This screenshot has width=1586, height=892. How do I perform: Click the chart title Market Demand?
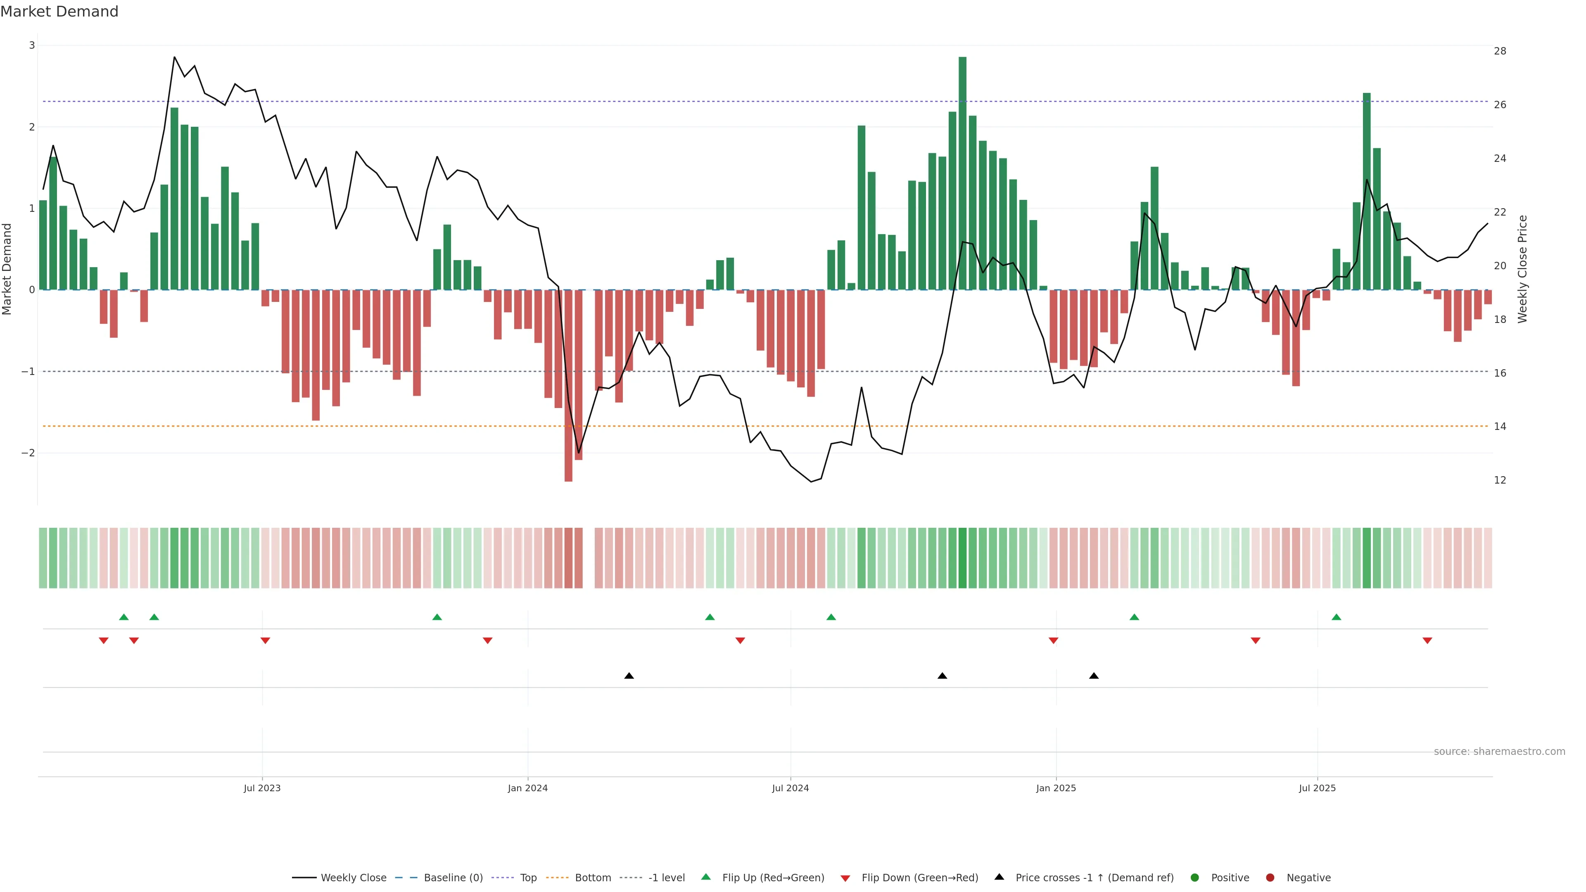(59, 12)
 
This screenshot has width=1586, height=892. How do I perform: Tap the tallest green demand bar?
(962, 172)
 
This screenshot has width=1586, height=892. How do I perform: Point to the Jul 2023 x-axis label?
(262, 788)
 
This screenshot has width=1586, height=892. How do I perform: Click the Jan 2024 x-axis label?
(528, 788)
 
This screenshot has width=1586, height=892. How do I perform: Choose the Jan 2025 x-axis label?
(1056, 788)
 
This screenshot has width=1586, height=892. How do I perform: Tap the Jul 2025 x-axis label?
(1317, 788)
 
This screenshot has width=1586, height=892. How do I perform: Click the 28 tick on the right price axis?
(1500, 51)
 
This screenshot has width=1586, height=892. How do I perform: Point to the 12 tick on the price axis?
(1500, 480)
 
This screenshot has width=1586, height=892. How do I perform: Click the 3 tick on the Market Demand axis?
(32, 45)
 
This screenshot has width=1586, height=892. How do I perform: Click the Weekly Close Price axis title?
(1522, 268)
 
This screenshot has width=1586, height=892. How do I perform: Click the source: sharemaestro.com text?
(1499, 752)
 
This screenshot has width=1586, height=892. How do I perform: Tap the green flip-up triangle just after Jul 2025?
(1336, 617)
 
